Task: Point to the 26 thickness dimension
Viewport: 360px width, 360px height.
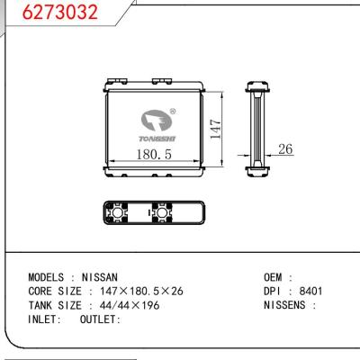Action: tap(286, 150)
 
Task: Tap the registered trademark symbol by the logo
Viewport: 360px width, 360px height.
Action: tap(173, 113)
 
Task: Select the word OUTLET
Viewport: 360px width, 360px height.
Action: tap(100, 319)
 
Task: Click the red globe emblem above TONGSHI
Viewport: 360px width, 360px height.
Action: tap(155, 120)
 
